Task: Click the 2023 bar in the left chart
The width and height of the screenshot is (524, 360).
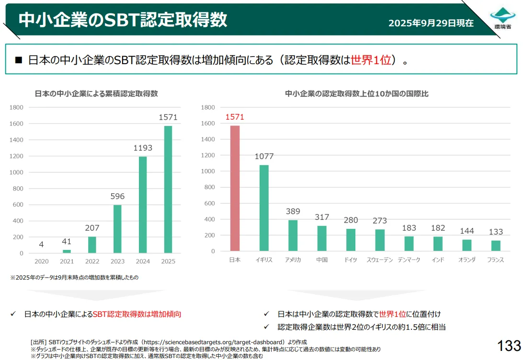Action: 117,229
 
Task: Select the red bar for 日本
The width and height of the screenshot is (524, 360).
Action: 235,188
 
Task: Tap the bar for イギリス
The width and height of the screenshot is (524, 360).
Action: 264,208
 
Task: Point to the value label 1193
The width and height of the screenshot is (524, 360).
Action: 143,148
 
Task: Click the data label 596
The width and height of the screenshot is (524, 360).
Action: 117,196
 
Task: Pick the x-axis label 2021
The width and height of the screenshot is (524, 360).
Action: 67,261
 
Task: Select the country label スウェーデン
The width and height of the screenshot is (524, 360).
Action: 380,260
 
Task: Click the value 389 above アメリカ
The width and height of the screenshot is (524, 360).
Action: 293,211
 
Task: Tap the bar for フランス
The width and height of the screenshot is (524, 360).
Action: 496,246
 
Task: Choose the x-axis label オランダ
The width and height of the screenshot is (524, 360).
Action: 467,260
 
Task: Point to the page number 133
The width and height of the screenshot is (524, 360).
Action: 509,345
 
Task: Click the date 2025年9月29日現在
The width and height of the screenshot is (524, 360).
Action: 431,23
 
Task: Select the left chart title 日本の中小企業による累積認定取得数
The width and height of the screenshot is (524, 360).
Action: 96,93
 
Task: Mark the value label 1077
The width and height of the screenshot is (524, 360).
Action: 264,156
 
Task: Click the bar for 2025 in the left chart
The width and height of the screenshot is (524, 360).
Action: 168,189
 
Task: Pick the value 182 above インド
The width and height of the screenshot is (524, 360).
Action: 438,228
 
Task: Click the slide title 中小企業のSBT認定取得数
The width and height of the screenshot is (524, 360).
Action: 123,20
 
